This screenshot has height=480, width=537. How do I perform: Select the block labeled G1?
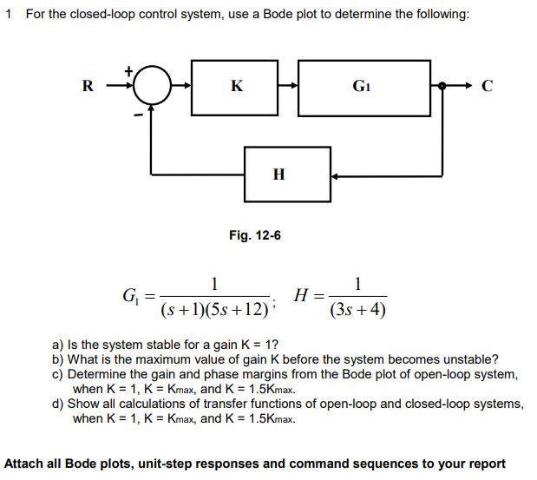pyautogui.click(x=362, y=87)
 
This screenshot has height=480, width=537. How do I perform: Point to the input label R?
pyautogui.click(x=87, y=87)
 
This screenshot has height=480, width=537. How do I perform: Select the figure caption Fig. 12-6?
pyautogui.click(x=254, y=235)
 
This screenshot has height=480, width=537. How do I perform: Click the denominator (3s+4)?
pyautogui.click(x=358, y=309)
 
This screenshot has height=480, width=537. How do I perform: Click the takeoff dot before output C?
pyautogui.click(x=442, y=87)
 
